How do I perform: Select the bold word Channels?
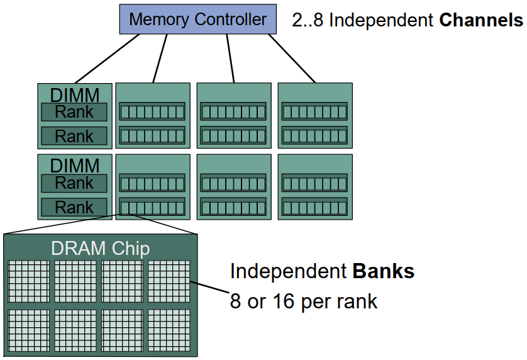point(481,20)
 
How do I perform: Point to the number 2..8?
point(308,20)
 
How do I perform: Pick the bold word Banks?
point(384,271)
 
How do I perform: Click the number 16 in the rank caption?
point(277,301)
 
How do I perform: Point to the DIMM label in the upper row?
point(75,95)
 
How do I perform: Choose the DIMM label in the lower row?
point(75,166)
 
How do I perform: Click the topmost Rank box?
point(74,113)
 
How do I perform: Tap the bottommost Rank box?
point(74,207)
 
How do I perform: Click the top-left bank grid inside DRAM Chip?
point(28,281)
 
